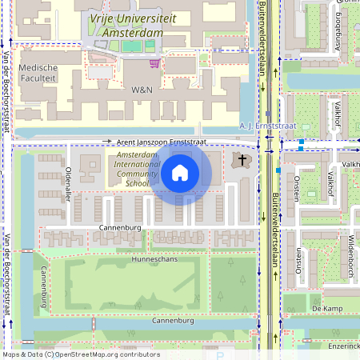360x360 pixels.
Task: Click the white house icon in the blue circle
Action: coord(180,172)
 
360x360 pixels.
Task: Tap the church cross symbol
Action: coord(242,161)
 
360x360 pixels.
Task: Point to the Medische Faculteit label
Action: coord(38,73)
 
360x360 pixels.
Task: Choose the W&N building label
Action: coord(142,90)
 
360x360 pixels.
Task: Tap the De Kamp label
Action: coord(327,308)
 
